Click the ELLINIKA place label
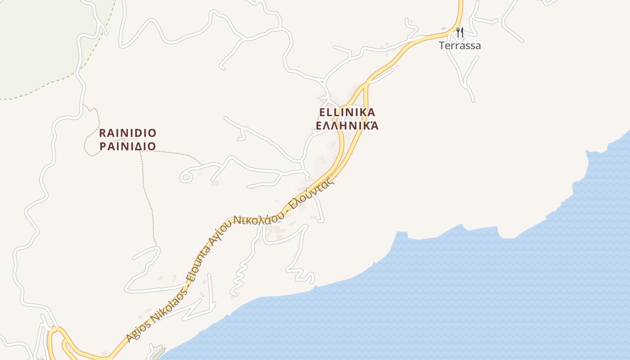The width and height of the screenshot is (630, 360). click(347, 112)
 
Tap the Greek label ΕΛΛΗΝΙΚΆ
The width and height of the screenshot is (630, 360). click(347, 126)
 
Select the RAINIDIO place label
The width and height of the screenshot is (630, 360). click(127, 133)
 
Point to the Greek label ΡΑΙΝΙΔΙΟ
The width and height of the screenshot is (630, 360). click(127, 146)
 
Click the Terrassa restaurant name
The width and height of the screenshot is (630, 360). click(460, 45)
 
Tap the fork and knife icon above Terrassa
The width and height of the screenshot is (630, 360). click(459, 32)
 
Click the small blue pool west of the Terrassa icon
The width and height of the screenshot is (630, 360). click(444, 29)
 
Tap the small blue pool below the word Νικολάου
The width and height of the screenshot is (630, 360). click(279, 221)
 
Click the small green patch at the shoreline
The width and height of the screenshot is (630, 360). click(159, 351)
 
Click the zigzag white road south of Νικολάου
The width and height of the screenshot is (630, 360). click(241, 274)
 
